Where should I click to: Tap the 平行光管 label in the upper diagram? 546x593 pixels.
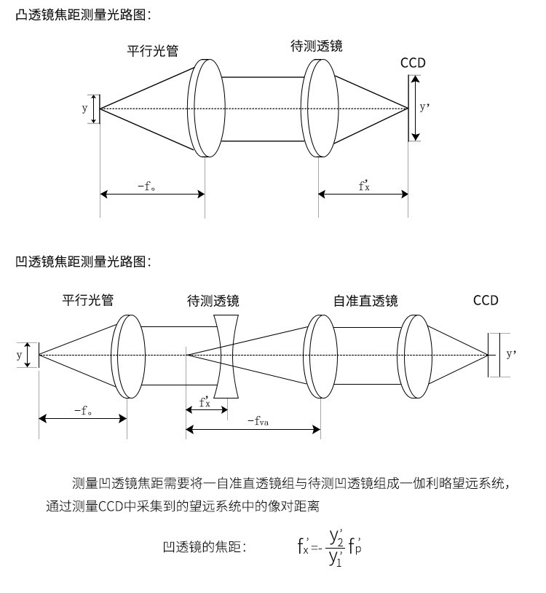click(153, 51)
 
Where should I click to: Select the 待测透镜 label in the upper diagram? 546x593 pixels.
click(317, 46)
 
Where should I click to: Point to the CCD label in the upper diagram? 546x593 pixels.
click(413, 63)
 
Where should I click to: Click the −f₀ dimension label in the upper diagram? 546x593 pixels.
click(146, 186)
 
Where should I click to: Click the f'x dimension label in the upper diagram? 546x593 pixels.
click(364, 185)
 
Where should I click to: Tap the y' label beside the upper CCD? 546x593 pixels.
click(424, 107)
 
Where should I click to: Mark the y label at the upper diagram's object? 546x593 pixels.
click(84, 109)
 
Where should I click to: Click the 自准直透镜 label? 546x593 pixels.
click(365, 301)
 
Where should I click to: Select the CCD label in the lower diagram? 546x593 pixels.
click(486, 300)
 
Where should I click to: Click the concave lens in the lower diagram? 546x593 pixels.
click(226, 356)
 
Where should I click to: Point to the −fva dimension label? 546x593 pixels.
click(258, 420)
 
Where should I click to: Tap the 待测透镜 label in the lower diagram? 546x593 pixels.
click(213, 301)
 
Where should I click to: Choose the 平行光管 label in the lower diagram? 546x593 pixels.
click(88, 300)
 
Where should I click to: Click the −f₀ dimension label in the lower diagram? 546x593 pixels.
click(83, 410)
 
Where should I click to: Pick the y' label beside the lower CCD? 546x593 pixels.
click(511, 353)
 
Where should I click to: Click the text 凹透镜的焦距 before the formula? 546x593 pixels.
click(202, 547)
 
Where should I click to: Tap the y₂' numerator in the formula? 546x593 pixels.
click(336, 537)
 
